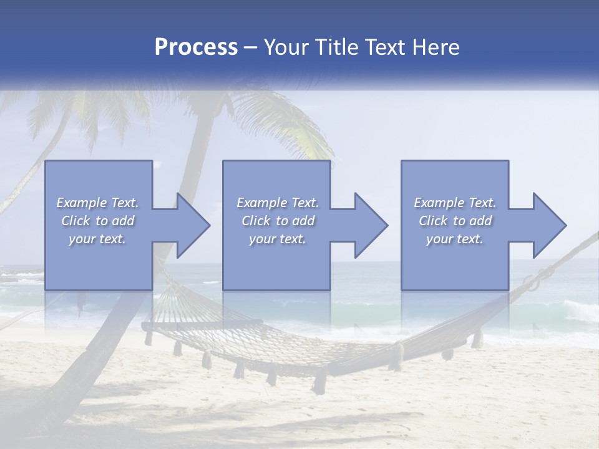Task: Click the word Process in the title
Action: [196, 47]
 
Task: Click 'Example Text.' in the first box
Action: [97, 203]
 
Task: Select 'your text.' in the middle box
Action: [277, 239]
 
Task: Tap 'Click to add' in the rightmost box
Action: [455, 221]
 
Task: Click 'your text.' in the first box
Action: [97, 239]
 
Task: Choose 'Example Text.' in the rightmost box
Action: [455, 203]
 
